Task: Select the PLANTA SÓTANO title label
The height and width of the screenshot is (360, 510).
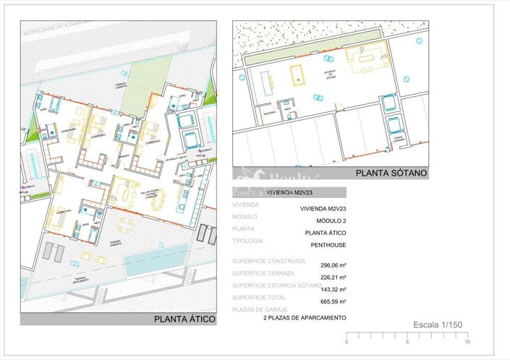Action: coord(391,173)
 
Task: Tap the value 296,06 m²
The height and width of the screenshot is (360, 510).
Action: coord(332,265)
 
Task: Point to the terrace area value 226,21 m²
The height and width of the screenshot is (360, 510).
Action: coord(332,277)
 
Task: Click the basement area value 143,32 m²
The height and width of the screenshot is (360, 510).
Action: coord(332,289)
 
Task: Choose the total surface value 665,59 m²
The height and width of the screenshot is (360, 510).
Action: coord(332,301)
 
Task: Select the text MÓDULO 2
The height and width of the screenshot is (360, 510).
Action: coord(331,220)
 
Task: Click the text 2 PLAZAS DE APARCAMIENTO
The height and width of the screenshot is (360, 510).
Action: coord(304,317)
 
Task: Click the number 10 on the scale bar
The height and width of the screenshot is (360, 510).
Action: coord(467,342)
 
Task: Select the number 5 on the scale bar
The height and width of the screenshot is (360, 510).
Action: coord(407,342)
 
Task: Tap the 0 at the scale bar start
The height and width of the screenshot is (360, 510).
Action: coord(347,342)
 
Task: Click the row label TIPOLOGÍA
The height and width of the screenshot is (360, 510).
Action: coord(247,240)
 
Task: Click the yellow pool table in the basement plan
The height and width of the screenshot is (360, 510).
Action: coord(297,74)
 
